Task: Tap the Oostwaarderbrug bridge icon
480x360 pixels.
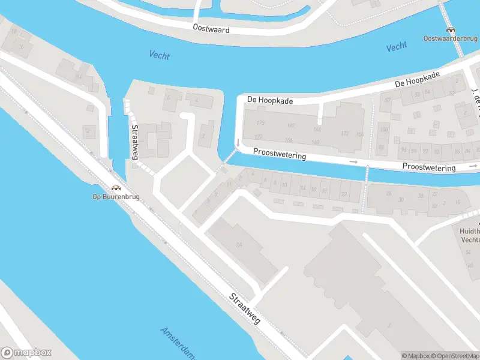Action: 449,29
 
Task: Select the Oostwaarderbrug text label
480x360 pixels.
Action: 449,39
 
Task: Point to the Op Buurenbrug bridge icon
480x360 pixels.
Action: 112,188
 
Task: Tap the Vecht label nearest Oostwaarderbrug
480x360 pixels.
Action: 397,47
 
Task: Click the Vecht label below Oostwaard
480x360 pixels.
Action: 159,56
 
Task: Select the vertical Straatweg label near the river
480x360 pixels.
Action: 135,142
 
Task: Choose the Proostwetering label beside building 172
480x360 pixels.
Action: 279,154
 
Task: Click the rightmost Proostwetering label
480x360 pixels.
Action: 428,167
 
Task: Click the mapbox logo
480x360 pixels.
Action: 26,353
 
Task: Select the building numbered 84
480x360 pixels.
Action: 239,244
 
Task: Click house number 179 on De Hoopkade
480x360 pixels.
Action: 260,123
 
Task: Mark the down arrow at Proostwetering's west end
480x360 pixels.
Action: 238,143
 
